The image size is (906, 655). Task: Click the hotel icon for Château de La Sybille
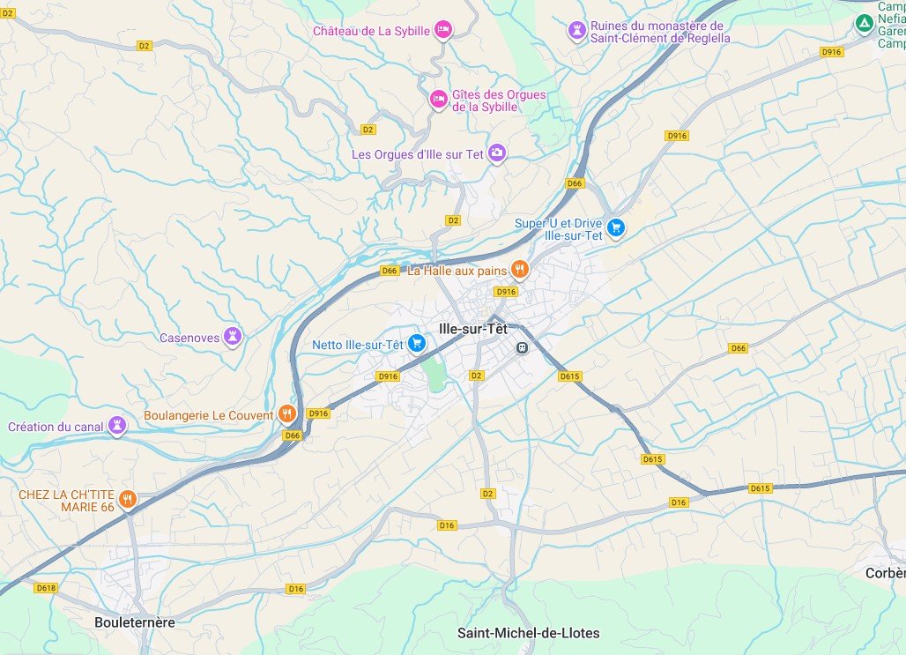[444, 30]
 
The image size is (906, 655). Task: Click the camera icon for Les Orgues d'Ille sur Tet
[497, 153]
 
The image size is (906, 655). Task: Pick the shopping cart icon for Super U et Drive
[616, 227]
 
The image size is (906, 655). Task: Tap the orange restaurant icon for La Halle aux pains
[520, 270]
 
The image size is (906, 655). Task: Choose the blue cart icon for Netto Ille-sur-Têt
[417, 343]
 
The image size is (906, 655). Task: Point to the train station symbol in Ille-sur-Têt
[522, 347]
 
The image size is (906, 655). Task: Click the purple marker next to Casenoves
[233, 336]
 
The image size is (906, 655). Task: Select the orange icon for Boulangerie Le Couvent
[286, 413]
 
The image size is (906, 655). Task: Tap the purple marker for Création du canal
[117, 426]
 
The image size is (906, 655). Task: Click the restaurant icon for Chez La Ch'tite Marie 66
[128, 500]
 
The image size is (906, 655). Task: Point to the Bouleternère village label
[135, 622]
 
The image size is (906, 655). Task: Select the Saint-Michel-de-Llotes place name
[528, 633]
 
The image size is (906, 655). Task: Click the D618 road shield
[46, 588]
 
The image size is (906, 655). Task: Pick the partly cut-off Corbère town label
[885, 572]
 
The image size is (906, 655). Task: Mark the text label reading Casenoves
[189, 338]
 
